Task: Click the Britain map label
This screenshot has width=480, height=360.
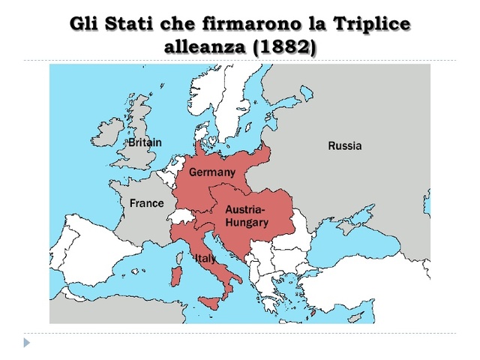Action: click(x=144, y=142)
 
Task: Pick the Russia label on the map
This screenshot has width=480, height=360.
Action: click(x=344, y=145)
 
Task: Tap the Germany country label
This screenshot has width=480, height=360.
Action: click(x=211, y=172)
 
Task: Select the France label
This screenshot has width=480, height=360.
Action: click(x=146, y=203)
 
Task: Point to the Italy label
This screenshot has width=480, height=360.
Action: click(x=205, y=259)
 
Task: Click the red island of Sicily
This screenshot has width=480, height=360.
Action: click(x=211, y=303)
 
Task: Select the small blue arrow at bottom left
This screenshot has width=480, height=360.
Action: click(x=27, y=343)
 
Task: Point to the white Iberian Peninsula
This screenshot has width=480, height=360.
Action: click(x=82, y=255)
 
